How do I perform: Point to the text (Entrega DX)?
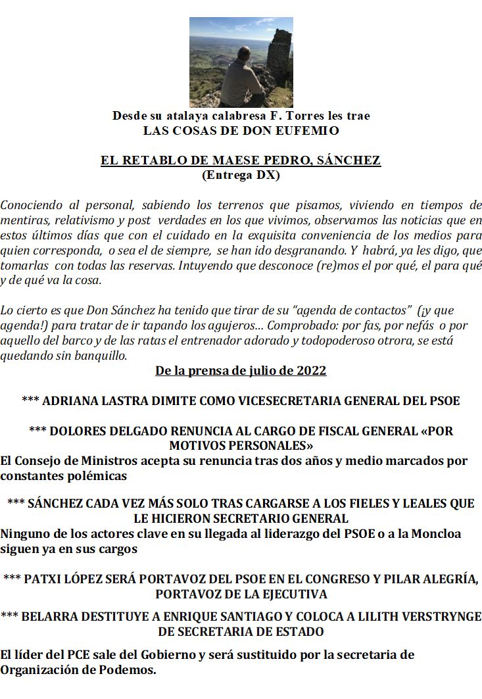click(241, 175)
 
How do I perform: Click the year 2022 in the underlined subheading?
click(309, 371)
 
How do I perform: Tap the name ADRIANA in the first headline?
click(64, 400)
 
